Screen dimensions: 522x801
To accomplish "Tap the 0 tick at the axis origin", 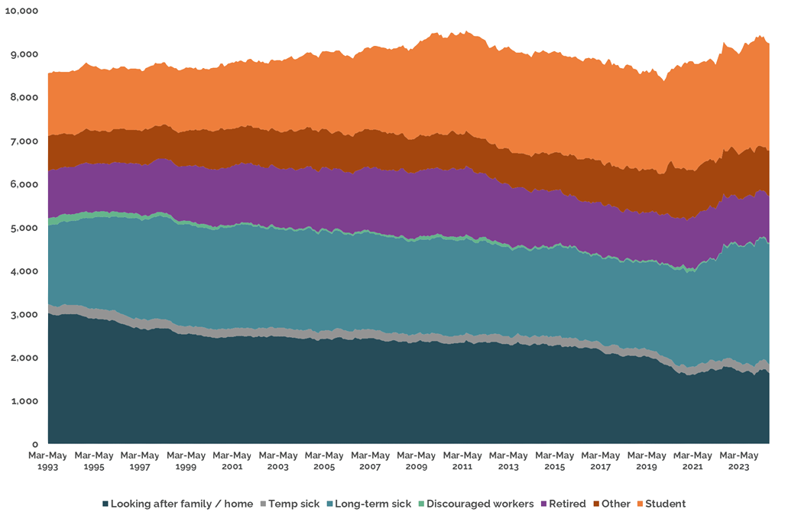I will (35, 444).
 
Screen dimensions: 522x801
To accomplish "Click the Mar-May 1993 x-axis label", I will (47, 460).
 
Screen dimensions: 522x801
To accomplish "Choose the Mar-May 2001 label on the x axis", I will (232, 460).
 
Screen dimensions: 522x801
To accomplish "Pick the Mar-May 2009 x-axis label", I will (416, 460).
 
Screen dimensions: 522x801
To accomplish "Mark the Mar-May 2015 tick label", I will (554, 460).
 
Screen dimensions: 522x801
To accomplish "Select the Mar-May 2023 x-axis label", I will (738, 460).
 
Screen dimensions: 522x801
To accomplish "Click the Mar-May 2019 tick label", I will (647, 460).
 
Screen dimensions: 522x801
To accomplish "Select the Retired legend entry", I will (564, 504).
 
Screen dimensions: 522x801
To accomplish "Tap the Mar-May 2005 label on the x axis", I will (324, 460).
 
